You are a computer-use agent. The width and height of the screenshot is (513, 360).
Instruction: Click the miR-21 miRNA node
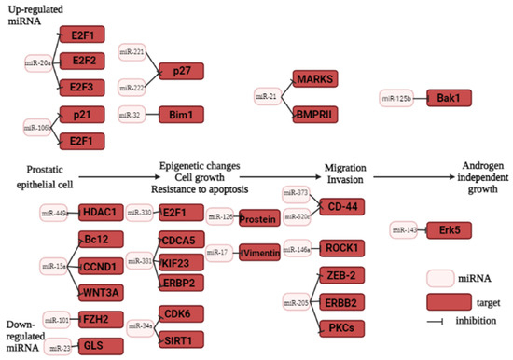[269, 95]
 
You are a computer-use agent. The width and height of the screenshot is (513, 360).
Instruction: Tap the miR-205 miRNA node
[296, 302]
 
